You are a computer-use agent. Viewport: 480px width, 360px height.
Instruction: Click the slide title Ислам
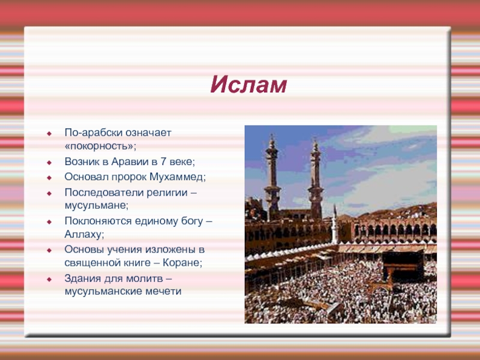point(248,85)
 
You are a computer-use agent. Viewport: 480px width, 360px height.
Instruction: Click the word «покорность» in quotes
point(100,146)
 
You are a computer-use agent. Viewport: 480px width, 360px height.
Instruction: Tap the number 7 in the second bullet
point(163,161)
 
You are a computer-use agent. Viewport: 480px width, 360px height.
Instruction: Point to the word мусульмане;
point(97,205)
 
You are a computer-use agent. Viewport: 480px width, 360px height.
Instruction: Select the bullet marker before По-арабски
point(49,134)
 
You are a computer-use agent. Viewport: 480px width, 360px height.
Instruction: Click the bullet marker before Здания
point(49,280)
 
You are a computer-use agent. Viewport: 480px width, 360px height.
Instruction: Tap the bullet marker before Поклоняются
point(49,222)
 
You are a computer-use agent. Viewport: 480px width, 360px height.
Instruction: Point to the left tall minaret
point(272,178)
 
